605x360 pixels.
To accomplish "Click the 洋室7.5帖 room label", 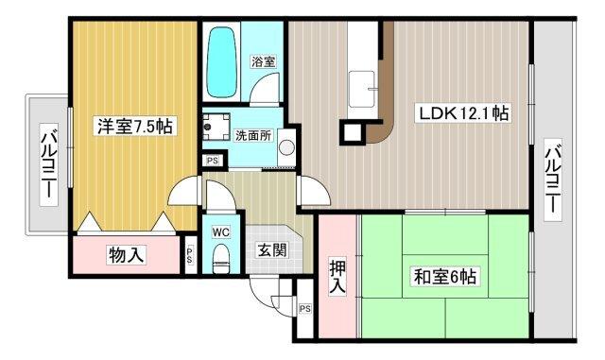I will (x=133, y=126).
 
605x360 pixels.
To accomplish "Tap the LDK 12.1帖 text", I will (x=465, y=113).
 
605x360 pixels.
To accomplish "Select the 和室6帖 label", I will (x=443, y=277).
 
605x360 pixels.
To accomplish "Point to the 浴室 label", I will (x=263, y=61).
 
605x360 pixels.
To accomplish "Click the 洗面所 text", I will (x=252, y=134).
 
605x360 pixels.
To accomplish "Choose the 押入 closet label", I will (x=337, y=275).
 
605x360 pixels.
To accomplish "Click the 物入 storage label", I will (x=126, y=254).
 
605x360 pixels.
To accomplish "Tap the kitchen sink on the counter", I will (x=361, y=92).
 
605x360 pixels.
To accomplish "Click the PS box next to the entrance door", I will (x=305, y=309).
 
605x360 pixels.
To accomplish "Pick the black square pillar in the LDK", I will (x=353, y=131).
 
